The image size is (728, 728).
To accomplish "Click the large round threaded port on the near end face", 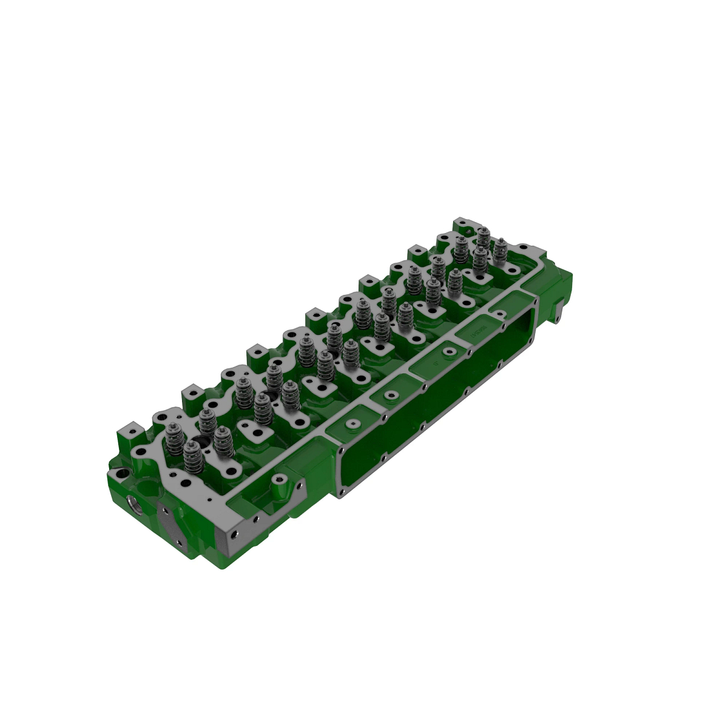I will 135,505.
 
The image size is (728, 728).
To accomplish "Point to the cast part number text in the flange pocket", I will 479,332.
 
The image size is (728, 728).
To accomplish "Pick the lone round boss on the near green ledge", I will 278,479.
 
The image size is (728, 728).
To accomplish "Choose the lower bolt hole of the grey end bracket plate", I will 180,539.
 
